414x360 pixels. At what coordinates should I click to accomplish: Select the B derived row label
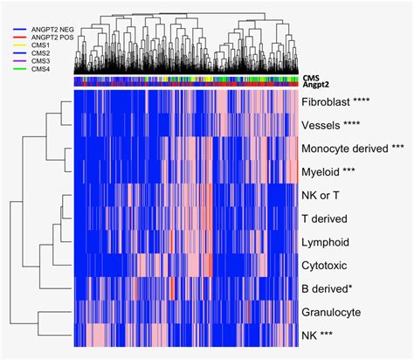[328, 287]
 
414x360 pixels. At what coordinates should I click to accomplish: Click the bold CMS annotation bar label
[312, 78]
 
